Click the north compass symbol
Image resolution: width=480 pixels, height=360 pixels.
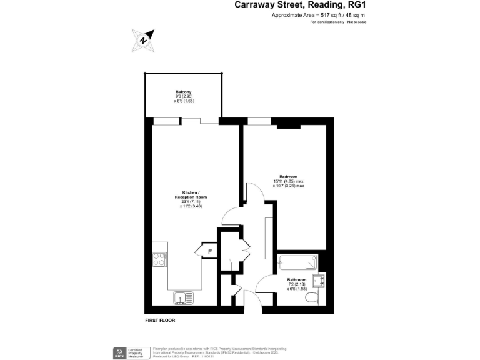[x=143, y=41]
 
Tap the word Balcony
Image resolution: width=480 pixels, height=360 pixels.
[x=183, y=92]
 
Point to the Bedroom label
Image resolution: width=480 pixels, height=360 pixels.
[x=288, y=176]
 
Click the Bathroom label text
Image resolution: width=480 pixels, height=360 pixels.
[x=296, y=279]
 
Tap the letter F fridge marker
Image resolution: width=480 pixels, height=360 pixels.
[x=210, y=252]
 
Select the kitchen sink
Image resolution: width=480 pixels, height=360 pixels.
[x=182, y=297]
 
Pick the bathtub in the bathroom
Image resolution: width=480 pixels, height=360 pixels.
[x=297, y=262]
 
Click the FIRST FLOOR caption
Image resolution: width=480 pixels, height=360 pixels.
[x=160, y=321]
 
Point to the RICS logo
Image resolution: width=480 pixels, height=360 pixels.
[x=117, y=352]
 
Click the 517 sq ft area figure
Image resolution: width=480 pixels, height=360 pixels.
[x=327, y=14]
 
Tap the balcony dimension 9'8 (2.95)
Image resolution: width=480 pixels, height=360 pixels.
[x=183, y=97]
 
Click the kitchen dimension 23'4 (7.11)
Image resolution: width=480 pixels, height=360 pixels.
[x=190, y=201]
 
